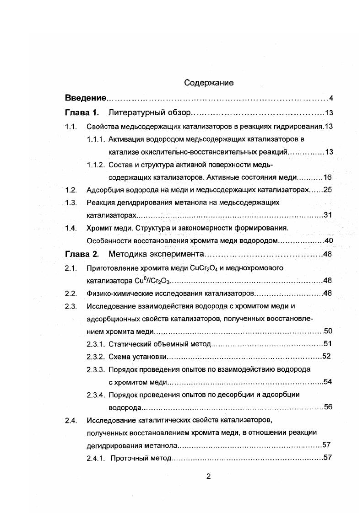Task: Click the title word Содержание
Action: click(x=209, y=83)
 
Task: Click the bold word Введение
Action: click(x=86, y=98)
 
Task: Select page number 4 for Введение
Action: click(x=330, y=98)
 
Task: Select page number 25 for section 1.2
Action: click(x=327, y=190)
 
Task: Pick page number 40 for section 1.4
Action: click(x=327, y=241)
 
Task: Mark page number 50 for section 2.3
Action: click(x=327, y=331)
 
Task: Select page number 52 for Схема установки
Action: click(x=326, y=356)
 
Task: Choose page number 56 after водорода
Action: click(x=327, y=407)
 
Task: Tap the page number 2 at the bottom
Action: click(x=208, y=476)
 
